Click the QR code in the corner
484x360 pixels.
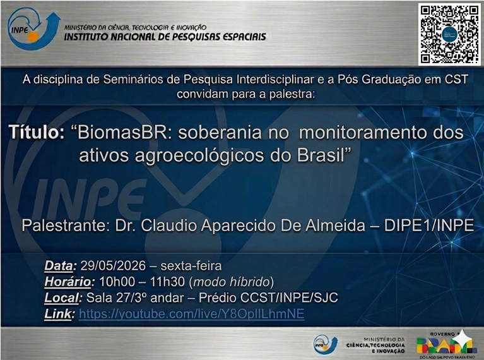449,34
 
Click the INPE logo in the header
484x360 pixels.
33,28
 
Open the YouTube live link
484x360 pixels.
192,314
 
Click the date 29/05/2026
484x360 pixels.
113,266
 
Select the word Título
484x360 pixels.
37,132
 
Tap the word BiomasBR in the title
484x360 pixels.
124,133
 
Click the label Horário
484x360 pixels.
68,282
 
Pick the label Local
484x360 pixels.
62,298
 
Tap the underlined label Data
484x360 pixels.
59,266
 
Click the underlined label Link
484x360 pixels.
58,314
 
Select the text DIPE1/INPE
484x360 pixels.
429,225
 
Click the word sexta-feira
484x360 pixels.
191,266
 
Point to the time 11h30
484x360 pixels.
167,282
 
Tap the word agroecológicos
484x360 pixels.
199,156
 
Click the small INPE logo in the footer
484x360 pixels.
326,345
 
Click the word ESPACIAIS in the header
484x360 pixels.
244,37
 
